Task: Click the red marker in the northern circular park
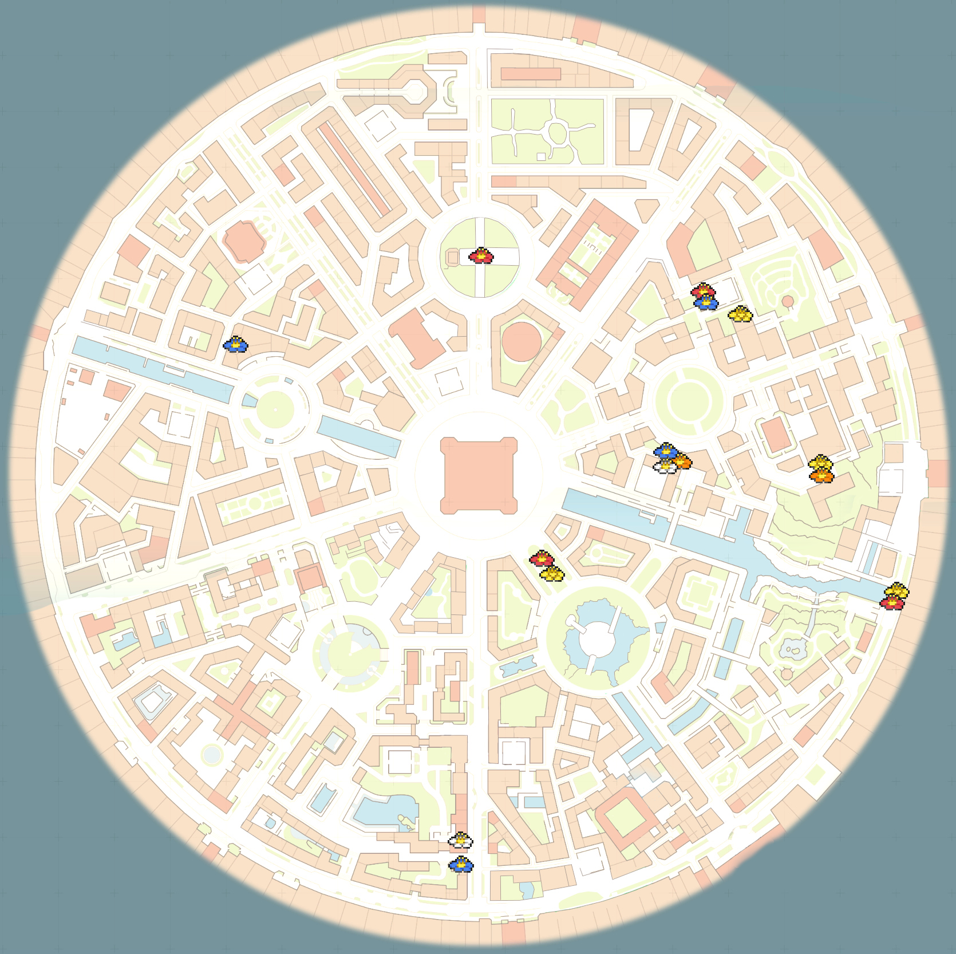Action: coord(481,255)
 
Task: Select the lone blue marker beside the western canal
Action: coord(235,344)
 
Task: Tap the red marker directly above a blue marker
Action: coord(703,291)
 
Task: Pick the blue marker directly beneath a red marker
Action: coord(706,302)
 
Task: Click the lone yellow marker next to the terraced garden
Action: coord(740,314)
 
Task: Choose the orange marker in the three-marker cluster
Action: coord(681,460)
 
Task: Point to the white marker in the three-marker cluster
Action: coord(665,466)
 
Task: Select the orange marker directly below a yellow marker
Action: coord(821,475)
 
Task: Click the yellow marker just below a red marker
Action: coord(552,573)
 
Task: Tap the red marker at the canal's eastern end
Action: coord(892,602)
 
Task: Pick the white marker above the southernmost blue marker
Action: coord(460,840)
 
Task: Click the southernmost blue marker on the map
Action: coord(461,865)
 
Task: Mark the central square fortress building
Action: coord(479,476)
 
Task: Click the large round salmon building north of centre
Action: coord(521,342)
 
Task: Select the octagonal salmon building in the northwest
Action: coord(245,241)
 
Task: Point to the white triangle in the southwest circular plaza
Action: coord(355,649)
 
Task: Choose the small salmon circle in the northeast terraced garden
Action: coord(788,301)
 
